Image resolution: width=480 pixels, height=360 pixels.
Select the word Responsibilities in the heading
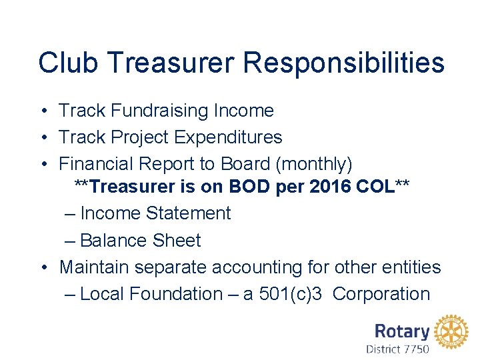(343, 63)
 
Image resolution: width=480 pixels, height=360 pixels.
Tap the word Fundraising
(161, 111)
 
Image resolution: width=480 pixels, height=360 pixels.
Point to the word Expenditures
(227, 137)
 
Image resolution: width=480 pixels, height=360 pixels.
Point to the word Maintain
(93, 267)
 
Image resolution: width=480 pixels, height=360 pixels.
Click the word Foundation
(176, 294)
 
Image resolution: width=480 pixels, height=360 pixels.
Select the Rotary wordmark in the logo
(401, 331)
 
